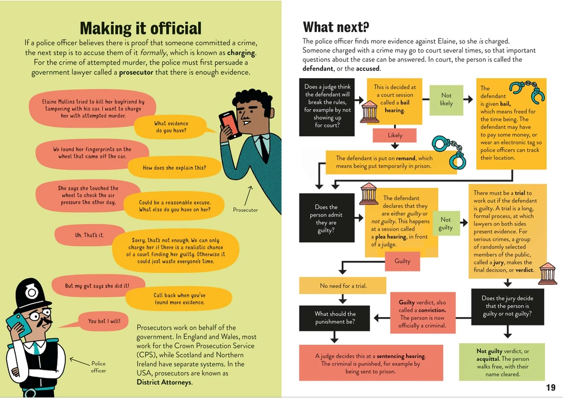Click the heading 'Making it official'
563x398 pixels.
click(140, 28)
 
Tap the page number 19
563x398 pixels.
click(551, 388)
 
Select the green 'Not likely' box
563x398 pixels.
click(446, 99)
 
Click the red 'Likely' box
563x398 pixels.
click(395, 135)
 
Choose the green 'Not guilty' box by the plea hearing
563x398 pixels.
click(445, 223)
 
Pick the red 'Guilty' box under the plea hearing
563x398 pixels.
click(402, 261)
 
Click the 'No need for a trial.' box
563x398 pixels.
click(343, 286)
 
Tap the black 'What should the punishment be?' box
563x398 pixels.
click(334, 318)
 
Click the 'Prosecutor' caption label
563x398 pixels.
click(245, 210)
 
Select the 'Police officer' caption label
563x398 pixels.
click(98, 367)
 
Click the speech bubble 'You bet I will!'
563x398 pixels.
click(104, 322)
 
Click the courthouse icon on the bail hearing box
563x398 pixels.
click(369, 111)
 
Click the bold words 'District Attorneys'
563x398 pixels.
click(164, 382)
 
